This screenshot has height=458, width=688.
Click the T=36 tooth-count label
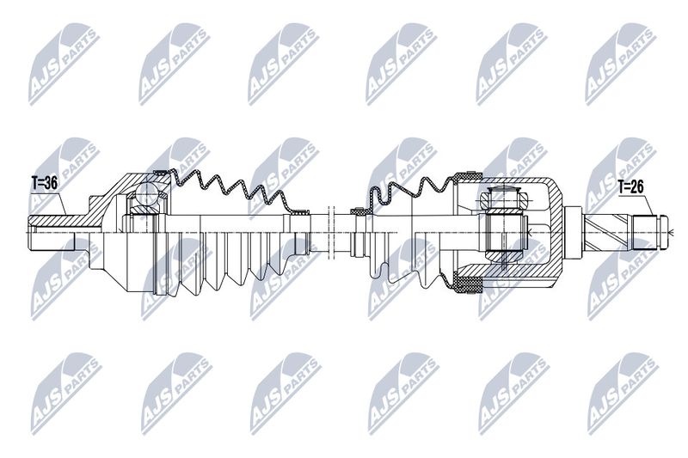tap(45, 184)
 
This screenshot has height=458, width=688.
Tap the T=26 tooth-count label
tap(630, 187)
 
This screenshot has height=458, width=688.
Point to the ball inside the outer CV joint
tap(146, 193)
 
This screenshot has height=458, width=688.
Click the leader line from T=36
tap(61, 203)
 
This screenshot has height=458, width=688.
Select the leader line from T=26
tap(648, 205)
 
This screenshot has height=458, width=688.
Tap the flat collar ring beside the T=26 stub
tap(572, 232)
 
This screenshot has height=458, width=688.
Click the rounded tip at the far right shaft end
tap(666, 232)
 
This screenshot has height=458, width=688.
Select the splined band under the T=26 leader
tap(644, 232)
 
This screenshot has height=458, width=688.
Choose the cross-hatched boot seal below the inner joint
tap(468, 285)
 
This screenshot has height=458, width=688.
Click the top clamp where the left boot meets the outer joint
tap(161, 173)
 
